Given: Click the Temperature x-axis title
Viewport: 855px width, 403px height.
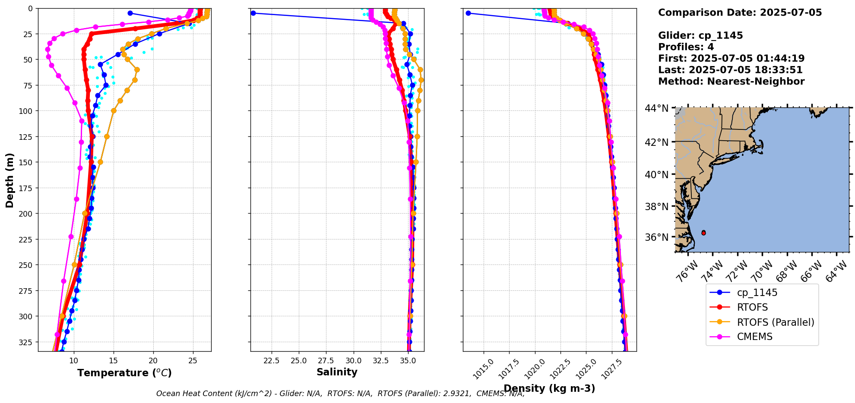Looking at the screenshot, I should tap(124, 373).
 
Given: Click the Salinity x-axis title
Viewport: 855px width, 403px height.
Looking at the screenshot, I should tap(337, 372).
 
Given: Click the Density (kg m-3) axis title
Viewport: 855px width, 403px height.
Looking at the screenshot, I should tap(549, 388).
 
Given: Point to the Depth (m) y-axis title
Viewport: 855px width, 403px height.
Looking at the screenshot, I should tap(9, 180).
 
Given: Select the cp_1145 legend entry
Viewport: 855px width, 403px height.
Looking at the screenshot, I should tap(757, 293).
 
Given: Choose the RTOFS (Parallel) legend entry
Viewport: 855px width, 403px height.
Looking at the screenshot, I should tap(775, 322).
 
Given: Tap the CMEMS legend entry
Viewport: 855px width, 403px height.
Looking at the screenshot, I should tap(754, 337).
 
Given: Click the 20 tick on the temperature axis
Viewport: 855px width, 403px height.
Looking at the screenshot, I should tap(153, 361).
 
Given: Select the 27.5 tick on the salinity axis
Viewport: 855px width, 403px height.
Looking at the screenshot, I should tap(326, 361).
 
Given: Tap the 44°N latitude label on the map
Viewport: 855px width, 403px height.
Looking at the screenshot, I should tap(656, 108).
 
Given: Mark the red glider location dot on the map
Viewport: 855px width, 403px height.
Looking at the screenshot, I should tap(703, 233).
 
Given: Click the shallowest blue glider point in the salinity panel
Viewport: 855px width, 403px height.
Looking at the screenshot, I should tap(253, 13).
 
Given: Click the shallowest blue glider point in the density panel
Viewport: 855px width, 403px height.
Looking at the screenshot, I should tap(468, 13).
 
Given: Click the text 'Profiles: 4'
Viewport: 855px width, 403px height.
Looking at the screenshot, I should tap(686, 47).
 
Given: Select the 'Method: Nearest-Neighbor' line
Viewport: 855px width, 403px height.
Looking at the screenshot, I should tap(731, 82).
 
